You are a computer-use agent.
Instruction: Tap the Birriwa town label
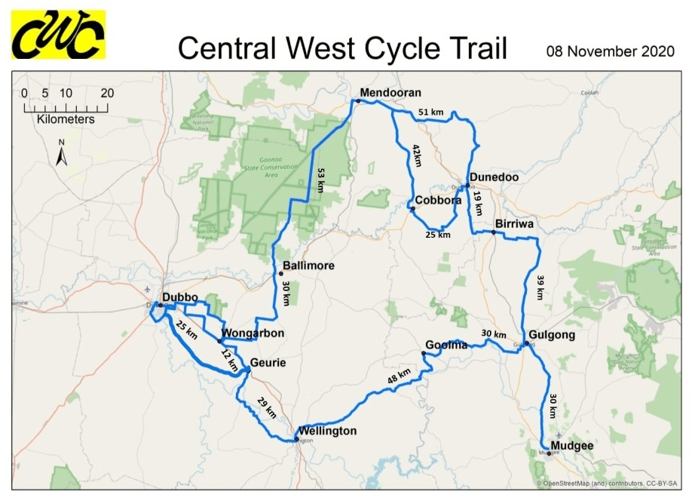[517, 224]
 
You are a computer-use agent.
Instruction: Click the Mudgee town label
[572, 446]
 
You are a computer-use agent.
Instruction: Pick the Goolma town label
[446, 345]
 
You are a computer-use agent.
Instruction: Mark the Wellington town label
[327, 432]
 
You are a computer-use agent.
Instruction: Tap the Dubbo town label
[180, 297]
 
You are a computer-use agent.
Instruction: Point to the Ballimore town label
[308, 266]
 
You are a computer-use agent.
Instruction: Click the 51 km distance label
[430, 112]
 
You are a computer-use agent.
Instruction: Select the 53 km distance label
[320, 180]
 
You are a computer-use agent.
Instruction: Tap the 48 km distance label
[400, 376]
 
